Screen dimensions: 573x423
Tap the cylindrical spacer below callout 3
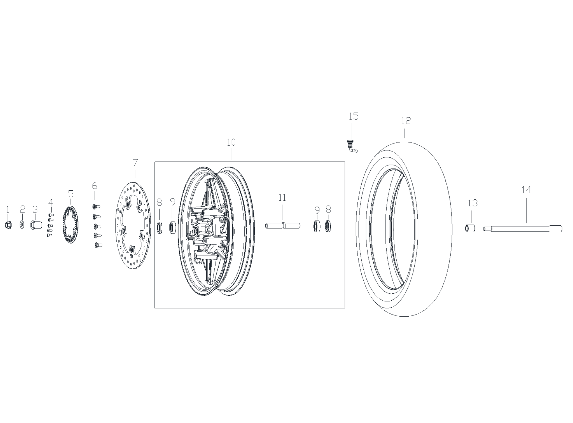35,225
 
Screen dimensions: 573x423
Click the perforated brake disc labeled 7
133,225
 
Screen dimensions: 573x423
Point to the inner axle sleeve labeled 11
283,225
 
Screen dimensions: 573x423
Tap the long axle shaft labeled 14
523,229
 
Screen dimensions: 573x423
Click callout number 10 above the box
231,142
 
